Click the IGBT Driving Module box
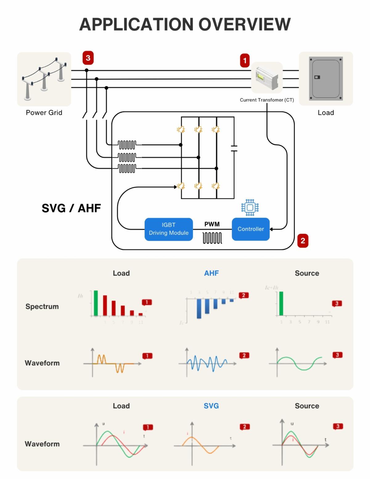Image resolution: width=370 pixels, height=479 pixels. (169, 229)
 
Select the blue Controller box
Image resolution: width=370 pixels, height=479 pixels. (251, 229)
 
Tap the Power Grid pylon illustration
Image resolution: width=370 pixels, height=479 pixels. (44, 79)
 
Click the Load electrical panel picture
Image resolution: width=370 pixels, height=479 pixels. (326, 78)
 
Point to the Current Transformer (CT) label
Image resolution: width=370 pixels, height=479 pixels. (267, 100)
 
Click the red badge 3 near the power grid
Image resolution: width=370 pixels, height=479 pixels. (88, 58)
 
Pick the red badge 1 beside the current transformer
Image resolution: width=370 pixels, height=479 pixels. (245, 60)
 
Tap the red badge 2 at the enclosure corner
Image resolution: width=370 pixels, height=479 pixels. (303, 241)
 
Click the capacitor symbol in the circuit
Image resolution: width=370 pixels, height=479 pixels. (234, 148)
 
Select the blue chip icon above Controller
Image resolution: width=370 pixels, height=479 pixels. (250, 207)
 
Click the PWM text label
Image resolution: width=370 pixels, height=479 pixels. (212, 224)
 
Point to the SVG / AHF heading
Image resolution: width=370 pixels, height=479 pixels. (71, 209)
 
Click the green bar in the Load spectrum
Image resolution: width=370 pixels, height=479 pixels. (96, 303)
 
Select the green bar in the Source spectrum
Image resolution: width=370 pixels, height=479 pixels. (281, 304)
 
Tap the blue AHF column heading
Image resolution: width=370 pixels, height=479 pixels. (212, 273)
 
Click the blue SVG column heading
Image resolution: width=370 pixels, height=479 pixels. (211, 406)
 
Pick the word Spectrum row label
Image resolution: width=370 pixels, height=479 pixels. (42, 307)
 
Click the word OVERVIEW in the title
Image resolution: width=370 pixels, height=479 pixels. (244, 24)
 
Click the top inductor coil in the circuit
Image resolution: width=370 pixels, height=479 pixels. (127, 144)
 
